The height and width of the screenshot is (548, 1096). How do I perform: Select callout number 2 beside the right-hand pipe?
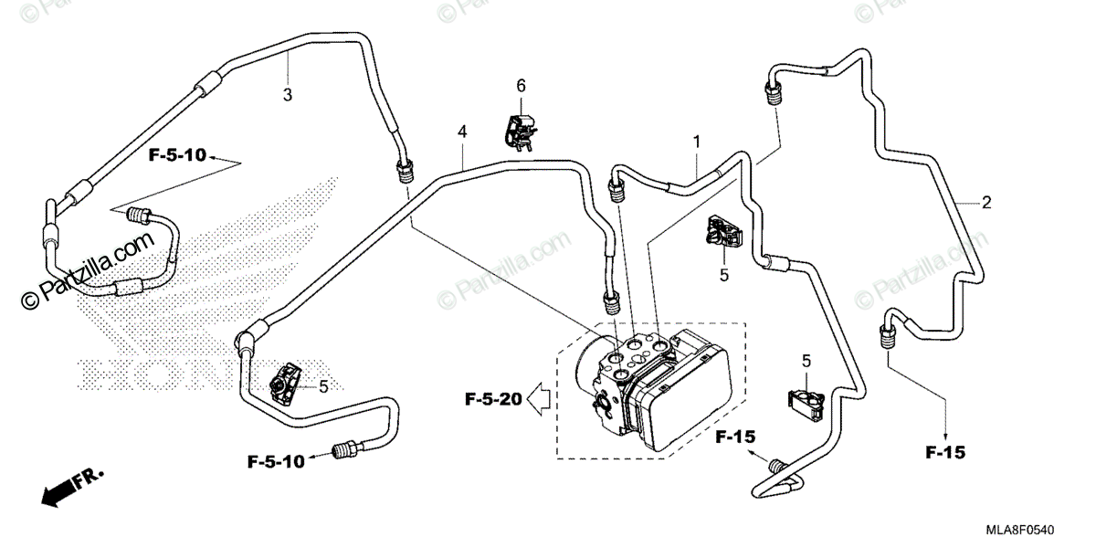pos(985,202)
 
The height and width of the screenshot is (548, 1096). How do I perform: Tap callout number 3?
pos(287,95)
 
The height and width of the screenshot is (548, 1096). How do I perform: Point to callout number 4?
pos(463,132)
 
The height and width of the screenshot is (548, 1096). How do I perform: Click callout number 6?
pos(522,85)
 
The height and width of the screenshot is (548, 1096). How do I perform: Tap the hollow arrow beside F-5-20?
pos(540,398)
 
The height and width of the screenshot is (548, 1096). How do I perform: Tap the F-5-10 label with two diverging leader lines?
pos(177,156)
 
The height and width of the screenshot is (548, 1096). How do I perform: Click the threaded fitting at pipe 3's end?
pos(404,171)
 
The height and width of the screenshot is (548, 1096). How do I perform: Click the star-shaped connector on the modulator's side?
pos(607,404)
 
